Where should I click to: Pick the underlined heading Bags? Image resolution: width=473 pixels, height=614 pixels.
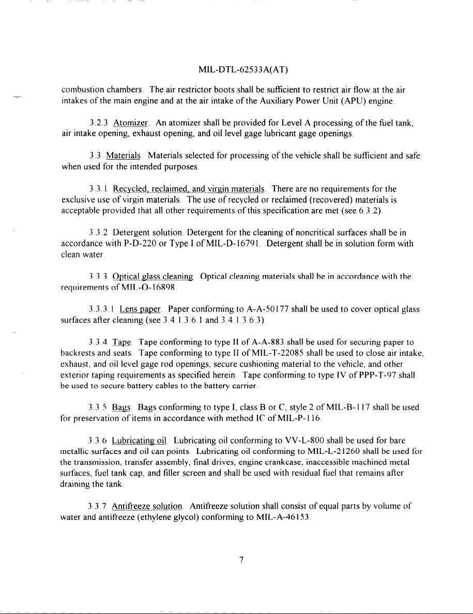coord(120,408)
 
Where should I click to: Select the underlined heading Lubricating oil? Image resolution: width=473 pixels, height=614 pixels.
coord(140,440)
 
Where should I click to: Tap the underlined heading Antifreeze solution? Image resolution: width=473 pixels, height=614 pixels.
coord(147,507)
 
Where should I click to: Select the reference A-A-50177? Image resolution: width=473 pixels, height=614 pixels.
coord(269,310)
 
